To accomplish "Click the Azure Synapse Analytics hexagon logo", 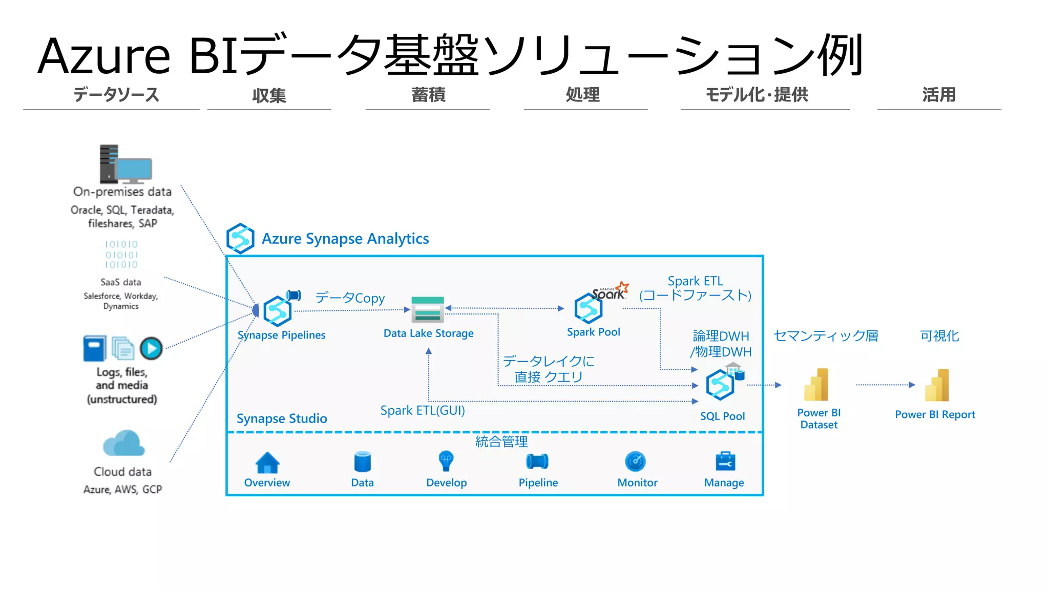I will click(240, 238).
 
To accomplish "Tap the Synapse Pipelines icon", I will click(278, 311).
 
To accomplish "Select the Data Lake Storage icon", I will click(428, 309).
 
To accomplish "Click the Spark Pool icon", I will click(589, 308).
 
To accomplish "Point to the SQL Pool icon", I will click(720, 385).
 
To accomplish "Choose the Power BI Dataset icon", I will click(816, 385).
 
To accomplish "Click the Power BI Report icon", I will click(937, 385).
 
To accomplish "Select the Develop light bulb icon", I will click(446, 461).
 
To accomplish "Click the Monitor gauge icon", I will click(636, 461).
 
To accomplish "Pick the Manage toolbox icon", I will click(725, 461).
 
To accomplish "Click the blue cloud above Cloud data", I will click(123, 444).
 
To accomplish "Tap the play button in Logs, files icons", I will click(151, 349).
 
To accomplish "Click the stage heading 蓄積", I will click(428, 95).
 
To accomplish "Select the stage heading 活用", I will click(939, 95).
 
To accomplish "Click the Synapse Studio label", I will click(282, 418).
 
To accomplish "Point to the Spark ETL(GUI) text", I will click(423, 410).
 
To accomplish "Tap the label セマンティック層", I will click(826, 336).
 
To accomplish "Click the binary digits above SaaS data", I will click(121, 255).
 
